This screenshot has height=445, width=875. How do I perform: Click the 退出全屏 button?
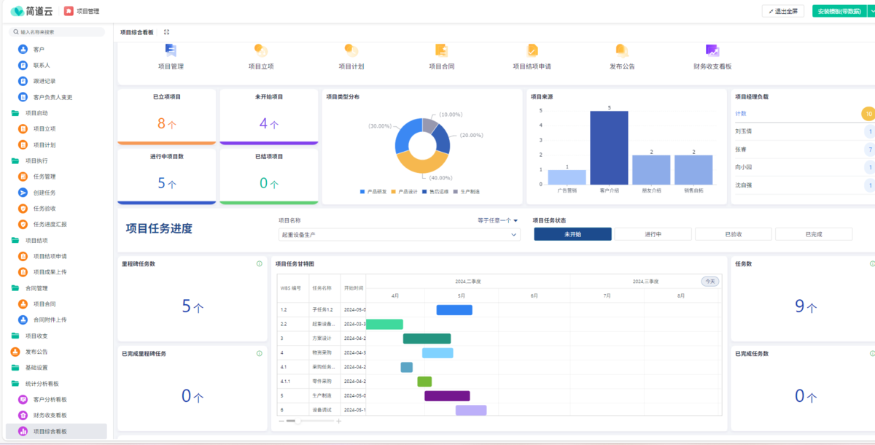783,11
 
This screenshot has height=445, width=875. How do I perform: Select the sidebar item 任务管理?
44,177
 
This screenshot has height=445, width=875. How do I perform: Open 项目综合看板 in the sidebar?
50,431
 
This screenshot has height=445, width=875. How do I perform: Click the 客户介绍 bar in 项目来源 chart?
609,148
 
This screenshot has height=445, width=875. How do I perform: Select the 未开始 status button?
572,234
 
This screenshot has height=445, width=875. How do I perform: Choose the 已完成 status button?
813,234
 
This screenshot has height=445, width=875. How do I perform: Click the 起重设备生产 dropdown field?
399,235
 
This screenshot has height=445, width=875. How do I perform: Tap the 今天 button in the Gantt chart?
709,281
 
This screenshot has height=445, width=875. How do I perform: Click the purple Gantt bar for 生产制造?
447,396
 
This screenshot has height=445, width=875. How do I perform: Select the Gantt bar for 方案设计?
427,338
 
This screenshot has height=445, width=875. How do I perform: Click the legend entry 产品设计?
407,191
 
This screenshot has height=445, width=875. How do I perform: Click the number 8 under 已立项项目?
161,123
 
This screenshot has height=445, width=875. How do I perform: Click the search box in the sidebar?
58,32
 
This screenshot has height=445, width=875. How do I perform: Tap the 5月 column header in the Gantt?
462,295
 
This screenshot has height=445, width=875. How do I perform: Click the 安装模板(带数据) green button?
839,11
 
